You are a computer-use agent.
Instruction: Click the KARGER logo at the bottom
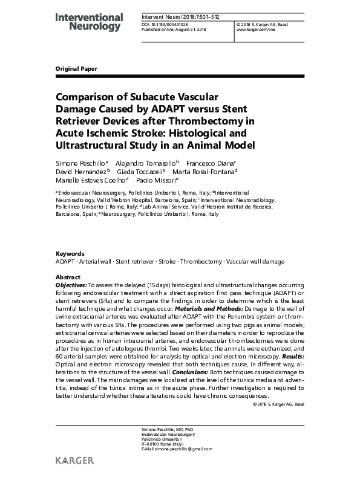[x=74, y=461]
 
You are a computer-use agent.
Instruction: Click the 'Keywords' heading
[x=67, y=254]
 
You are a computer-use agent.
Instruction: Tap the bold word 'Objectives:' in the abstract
[x=71, y=284]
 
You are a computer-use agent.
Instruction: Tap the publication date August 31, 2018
[x=192, y=29]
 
